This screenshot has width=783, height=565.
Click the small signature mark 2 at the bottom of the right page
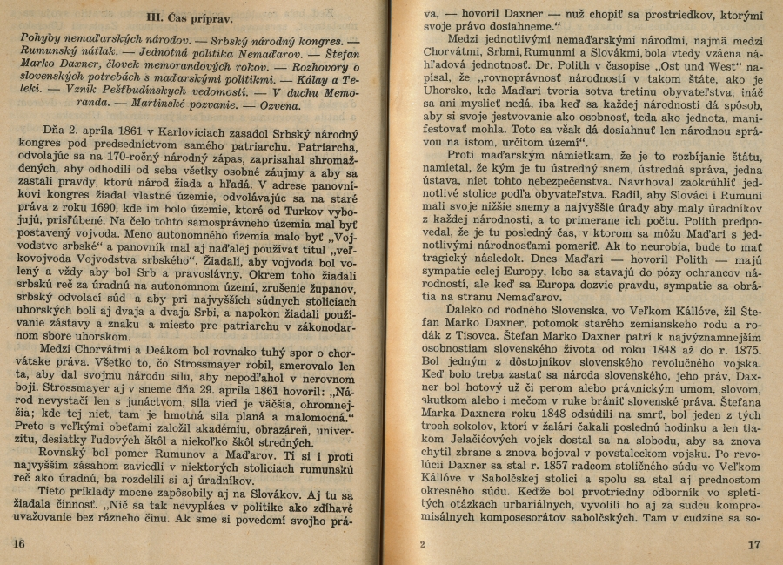422,545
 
